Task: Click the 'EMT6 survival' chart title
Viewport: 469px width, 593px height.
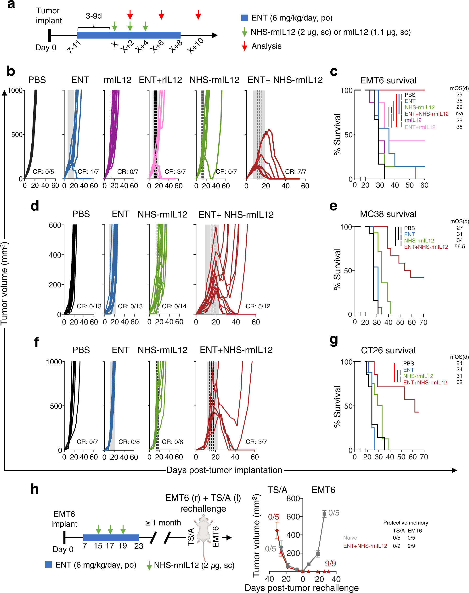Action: [388, 80]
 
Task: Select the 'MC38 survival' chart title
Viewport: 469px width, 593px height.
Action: [388, 214]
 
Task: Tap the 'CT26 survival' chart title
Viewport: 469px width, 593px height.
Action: [388, 350]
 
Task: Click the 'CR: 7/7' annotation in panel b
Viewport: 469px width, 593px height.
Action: [295, 172]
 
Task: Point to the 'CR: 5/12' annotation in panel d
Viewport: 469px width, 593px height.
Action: [258, 306]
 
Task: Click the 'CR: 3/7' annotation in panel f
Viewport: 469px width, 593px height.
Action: [256, 442]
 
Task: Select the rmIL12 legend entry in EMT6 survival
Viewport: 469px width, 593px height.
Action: [413, 120]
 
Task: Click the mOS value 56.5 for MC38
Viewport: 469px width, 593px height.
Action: [459, 247]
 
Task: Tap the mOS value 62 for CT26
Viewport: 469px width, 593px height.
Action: [459, 382]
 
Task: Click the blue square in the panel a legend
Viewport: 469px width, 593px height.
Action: [244, 18]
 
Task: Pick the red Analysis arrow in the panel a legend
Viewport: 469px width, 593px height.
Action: [244, 46]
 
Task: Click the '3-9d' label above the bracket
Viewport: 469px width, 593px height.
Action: [94, 16]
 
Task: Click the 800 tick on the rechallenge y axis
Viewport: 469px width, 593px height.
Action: [293, 498]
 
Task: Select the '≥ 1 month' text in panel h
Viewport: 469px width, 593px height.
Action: [163, 522]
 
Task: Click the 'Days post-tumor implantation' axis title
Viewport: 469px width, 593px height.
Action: [224, 470]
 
